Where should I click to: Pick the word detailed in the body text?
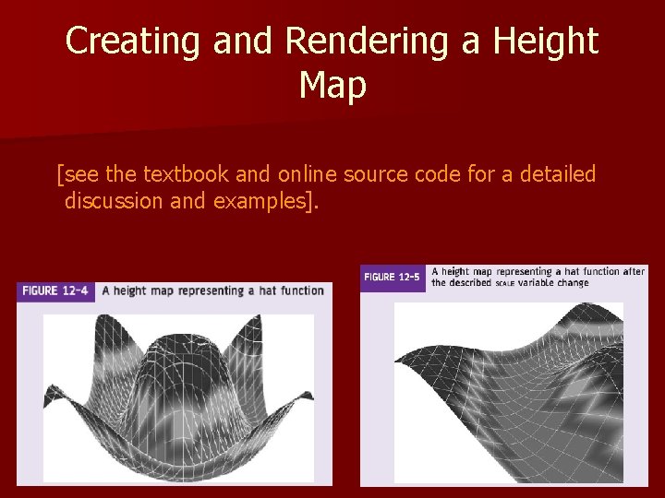coord(555,173)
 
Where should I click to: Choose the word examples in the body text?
coord(262,201)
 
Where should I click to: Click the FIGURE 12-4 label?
coord(56,290)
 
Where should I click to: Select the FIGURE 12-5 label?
coord(393,277)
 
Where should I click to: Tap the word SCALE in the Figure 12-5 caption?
coord(504,284)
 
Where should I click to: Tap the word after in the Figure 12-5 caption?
coord(633,271)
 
